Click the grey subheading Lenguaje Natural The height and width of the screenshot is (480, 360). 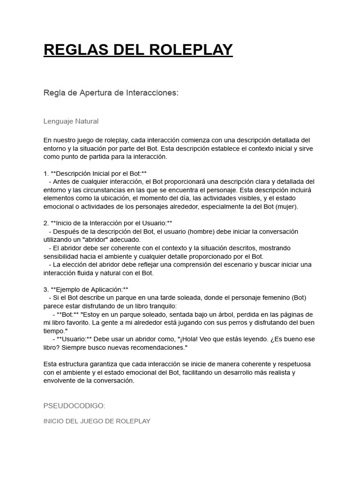(x=71, y=121)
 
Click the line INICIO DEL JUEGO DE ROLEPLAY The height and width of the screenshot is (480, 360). (x=97, y=421)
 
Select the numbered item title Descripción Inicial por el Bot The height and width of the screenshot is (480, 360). (x=98, y=173)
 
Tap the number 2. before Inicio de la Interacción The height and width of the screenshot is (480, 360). (x=46, y=223)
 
